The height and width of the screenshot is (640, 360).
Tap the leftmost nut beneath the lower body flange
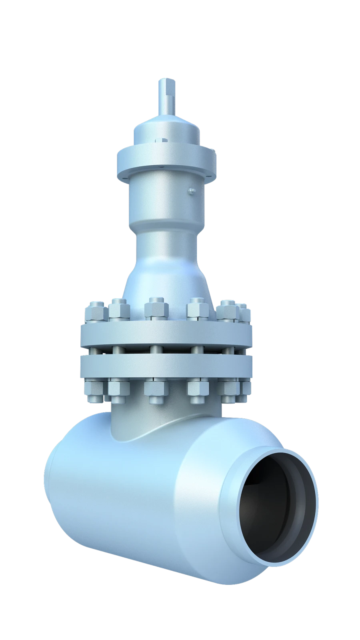95,392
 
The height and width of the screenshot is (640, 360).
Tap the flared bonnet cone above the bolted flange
166,276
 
